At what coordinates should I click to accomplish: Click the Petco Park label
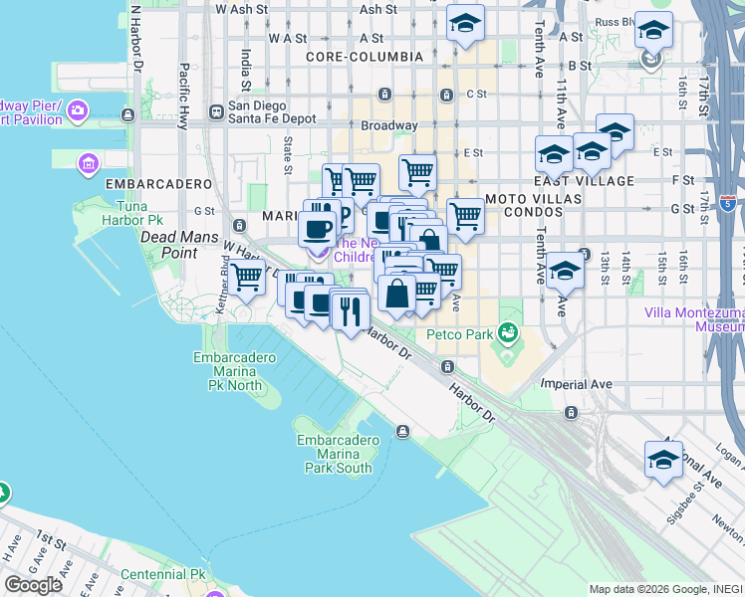[460, 335]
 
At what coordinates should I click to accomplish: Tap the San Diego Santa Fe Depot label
[272, 111]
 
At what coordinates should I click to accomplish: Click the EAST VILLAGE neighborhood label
[584, 181]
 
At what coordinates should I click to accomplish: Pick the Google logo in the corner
[33, 585]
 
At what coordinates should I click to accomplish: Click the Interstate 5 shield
[728, 204]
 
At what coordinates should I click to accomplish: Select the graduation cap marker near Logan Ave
[664, 460]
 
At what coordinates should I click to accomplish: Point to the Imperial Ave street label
[576, 383]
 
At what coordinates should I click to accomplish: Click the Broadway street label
[388, 126]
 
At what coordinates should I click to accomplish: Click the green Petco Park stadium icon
[509, 332]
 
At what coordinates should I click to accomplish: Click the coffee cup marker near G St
[319, 229]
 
